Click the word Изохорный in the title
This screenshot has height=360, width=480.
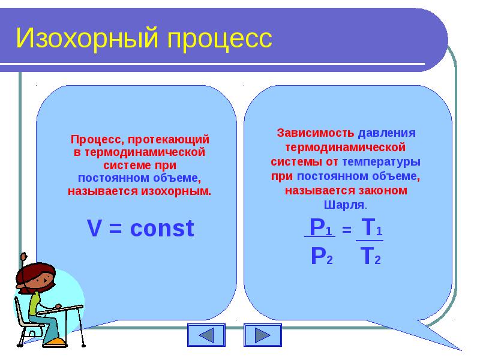tap(87, 38)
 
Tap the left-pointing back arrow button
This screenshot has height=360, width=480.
tap(206, 335)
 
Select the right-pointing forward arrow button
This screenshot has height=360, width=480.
tap(263, 335)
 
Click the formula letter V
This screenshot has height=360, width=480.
tap(94, 229)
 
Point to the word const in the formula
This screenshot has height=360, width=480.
tap(162, 229)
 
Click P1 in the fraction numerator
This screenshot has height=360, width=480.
tap(321, 227)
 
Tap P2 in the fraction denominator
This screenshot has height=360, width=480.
tap(322, 256)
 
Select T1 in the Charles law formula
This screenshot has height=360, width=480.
tap(371, 227)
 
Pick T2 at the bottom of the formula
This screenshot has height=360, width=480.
tap(370, 256)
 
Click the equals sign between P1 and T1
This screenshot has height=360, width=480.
tap(347, 229)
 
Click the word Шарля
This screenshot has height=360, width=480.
tap(344, 205)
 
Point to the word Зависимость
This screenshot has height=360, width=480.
tap(316, 133)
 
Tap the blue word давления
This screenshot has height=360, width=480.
tap(387, 133)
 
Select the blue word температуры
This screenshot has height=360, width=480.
tap(381, 162)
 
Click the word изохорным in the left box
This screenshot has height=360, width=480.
tap(175, 191)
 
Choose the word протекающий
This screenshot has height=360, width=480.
tap(169, 140)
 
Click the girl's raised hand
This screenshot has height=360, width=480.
tap(23, 256)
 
